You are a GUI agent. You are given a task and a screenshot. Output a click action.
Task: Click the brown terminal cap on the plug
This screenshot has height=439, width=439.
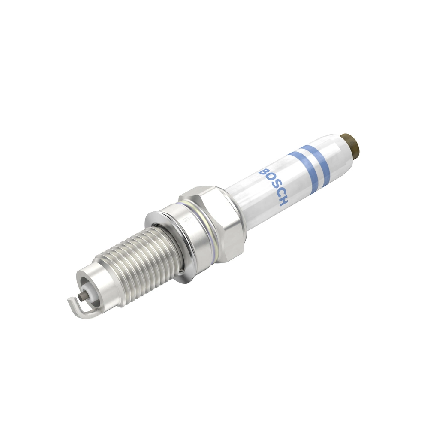click(x=352, y=145)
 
